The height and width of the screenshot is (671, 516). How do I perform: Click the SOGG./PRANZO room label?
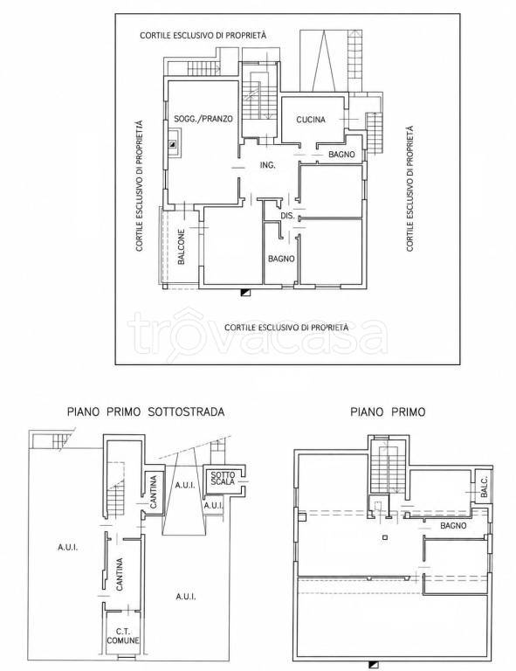pyautogui.click(x=203, y=119)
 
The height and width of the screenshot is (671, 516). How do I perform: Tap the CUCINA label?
pyautogui.click(x=311, y=120)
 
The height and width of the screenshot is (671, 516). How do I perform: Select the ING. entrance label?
pyautogui.click(x=268, y=165)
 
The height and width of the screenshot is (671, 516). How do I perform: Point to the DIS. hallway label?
pyautogui.click(x=288, y=216)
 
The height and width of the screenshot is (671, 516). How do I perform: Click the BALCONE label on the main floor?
pyautogui.click(x=182, y=247)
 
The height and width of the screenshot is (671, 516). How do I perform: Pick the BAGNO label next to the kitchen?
pyautogui.click(x=341, y=154)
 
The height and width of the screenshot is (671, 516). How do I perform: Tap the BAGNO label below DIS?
pyautogui.click(x=281, y=259)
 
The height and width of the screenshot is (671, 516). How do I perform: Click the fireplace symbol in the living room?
pyautogui.click(x=173, y=144)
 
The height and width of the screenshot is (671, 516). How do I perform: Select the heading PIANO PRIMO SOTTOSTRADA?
pyautogui.click(x=146, y=412)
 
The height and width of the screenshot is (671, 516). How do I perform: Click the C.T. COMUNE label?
pyautogui.click(x=123, y=636)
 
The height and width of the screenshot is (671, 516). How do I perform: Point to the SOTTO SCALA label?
pyautogui.click(x=223, y=478)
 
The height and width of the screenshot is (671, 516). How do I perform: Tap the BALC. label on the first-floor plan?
pyautogui.click(x=484, y=486)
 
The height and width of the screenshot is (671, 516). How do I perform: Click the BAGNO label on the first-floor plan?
pyautogui.click(x=453, y=525)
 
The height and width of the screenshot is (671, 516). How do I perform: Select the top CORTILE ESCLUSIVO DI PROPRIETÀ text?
pyautogui.click(x=203, y=35)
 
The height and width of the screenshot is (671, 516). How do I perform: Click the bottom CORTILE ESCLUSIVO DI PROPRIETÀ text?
pyautogui.click(x=286, y=328)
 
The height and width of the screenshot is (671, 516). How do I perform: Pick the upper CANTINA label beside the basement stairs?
pyautogui.click(x=154, y=492)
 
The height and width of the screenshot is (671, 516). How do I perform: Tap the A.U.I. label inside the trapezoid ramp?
pyautogui.click(x=185, y=485)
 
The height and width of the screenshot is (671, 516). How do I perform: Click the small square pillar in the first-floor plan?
pyautogui.click(x=385, y=537)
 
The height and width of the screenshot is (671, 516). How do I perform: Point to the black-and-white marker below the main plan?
pyautogui.click(x=245, y=293)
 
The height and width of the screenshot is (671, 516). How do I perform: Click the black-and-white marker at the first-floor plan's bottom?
pyautogui.click(x=374, y=665)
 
